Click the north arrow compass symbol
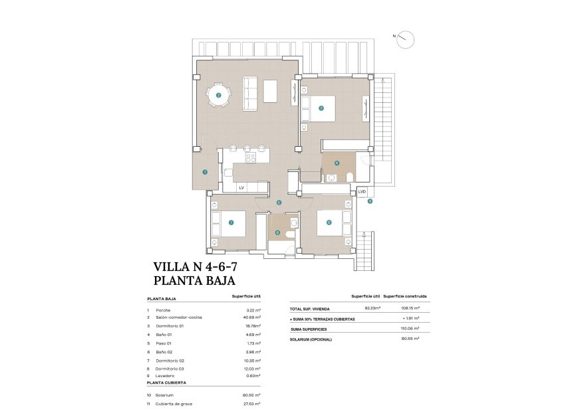(x=404, y=40)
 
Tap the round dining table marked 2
(x=219, y=95)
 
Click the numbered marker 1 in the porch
(x=205, y=172)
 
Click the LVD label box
(x=362, y=192)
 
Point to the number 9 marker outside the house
(x=370, y=201)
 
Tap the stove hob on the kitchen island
(x=251, y=158)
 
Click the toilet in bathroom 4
(x=349, y=176)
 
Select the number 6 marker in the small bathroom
(x=277, y=232)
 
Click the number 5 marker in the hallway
(x=279, y=203)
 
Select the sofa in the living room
(x=251, y=94)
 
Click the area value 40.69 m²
(x=250, y=317)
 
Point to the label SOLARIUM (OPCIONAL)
(x=311, y=339)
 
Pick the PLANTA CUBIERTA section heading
(x=166, y=383)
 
